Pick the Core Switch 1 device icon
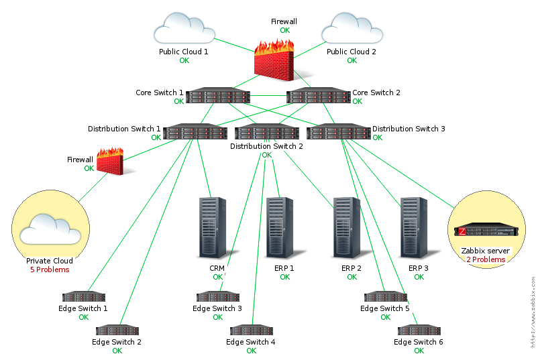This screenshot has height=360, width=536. pyautogui.click(x=218, y=97)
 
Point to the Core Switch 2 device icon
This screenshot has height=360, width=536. pyautogui.click(x=318, y=97)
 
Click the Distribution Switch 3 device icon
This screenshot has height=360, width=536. pyautogui.click(x=339, y=132)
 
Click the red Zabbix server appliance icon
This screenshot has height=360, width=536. pyautogui.click(x=486, y=231)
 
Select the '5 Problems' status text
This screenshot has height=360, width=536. pyautogui.click(x=50, y=269)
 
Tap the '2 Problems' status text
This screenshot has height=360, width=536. pyautogui.click(x=486, y=259)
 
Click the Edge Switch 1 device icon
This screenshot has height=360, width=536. pyautogui.click(x=83, y=297)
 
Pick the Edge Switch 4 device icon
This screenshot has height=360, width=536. pyautogui.click(x=251, y=331)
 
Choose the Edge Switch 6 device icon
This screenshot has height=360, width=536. pyautogui.click(x=419, y=331)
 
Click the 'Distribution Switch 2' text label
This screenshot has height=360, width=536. pyautogui.click(x=266, y=145)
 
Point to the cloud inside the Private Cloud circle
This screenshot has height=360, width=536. pyautogui.click(x=50, y=229)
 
